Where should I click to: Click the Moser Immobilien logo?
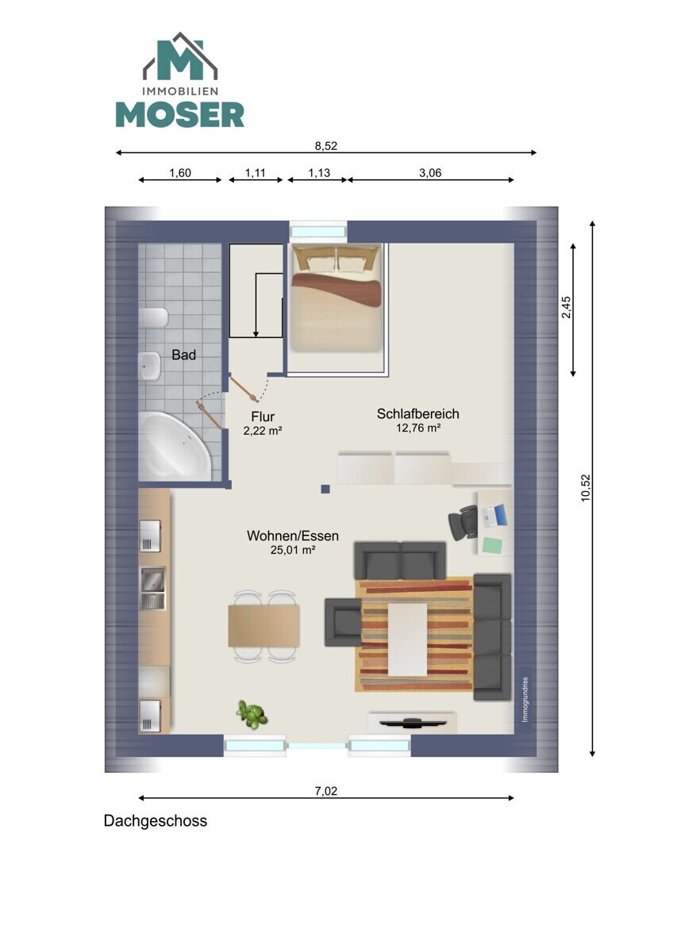click(180, 79)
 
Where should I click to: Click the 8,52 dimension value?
click(325, 146)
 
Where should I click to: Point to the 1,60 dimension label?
click(180, 173)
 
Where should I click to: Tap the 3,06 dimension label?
click(430, 173)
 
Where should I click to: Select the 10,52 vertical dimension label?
click(586, 488)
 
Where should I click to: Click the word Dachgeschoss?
click(156, 821)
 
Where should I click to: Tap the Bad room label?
click(183, 355)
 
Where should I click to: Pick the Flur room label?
click(263, 416)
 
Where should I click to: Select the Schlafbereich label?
click(418, 413)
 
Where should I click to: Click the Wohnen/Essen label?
click(293, 535)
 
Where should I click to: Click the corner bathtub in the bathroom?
click(175, 445)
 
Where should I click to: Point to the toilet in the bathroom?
click(153, 317)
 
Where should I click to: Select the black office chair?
click(463, 522)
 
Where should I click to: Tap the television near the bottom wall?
click(413, 722)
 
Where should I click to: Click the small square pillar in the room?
click(325, 489)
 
